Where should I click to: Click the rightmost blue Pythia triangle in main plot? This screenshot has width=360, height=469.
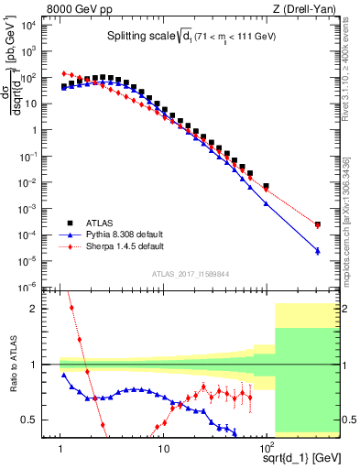click(317, 250)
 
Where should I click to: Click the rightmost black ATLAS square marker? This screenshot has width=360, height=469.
click(317, 224)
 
